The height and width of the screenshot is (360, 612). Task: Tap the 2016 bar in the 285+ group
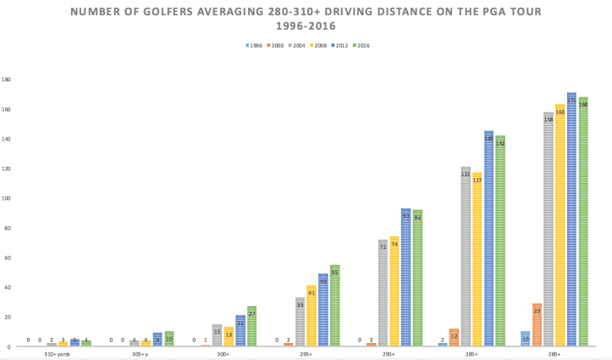pyautogui.click(x=500, y=241)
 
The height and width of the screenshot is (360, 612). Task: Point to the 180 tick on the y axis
pyautogui.click(x=6, y=80)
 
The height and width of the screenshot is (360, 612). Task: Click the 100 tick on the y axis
pyautogui.click(x=6, y=198)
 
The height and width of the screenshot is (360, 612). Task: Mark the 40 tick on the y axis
pyautogui.click(x=6, y=287)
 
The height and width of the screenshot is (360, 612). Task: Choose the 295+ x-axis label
pyautogui.click(x=306, y=355)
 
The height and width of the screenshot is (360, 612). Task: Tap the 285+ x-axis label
pyautogui.click(x=471, y=355)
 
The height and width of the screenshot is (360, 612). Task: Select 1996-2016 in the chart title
pyautogui.click(x=306, y=26)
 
